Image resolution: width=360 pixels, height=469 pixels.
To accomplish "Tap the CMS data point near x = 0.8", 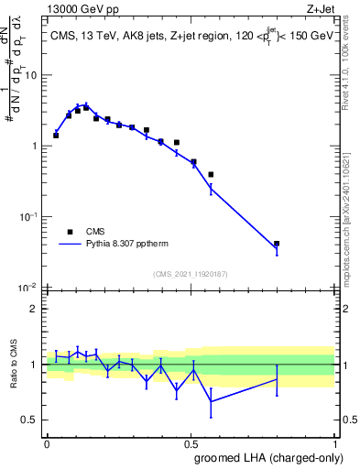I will coord(277,244).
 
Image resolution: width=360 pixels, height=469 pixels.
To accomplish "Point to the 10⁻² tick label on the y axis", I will coord(30,288).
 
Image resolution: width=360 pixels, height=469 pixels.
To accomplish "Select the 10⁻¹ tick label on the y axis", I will coord(30,217).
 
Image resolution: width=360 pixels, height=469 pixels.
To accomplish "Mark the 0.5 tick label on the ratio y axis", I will coord(33,420).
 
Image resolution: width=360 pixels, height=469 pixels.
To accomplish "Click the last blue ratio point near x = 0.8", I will coord(277,378).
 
